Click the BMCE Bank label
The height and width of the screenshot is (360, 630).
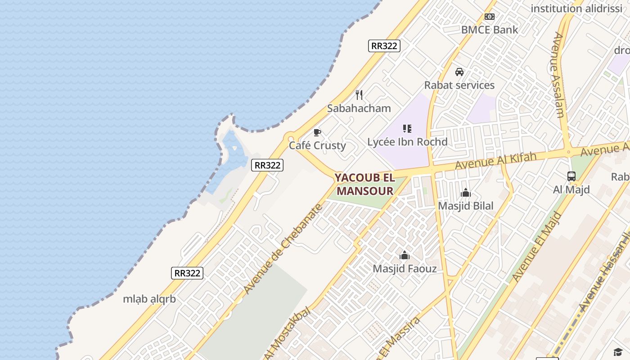tap(490, 30)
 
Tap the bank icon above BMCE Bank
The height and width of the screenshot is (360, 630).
tap(490, 17)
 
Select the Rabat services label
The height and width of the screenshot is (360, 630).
tap(459, 85)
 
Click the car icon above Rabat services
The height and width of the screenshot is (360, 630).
tap(459, 72)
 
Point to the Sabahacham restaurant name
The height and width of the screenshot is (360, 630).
tap(359, 108)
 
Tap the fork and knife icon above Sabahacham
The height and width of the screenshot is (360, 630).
tap(359, 95)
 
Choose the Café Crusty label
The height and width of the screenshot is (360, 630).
tap(317, 145)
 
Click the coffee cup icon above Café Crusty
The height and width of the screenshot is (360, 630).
tap(317, 132)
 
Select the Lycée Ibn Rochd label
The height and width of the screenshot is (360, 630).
tap(407, 142)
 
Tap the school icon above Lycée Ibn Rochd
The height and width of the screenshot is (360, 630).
tap(407, 129)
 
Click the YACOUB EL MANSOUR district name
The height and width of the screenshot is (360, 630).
tap(365, 184)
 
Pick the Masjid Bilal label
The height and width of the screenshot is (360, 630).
tap(466, 206)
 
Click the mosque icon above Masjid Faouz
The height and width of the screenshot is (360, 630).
tap(405, 256)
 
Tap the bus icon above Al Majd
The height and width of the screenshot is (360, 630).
tap(571, 176)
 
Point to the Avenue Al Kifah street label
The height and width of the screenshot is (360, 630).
tap(495, 161)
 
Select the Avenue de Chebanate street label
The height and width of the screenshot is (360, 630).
tap(283, 248)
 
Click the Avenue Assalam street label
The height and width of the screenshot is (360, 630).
tap(558, 75)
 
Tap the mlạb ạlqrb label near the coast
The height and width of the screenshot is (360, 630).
tap(149, 299)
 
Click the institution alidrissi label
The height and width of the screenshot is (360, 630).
tap(576, 8)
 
